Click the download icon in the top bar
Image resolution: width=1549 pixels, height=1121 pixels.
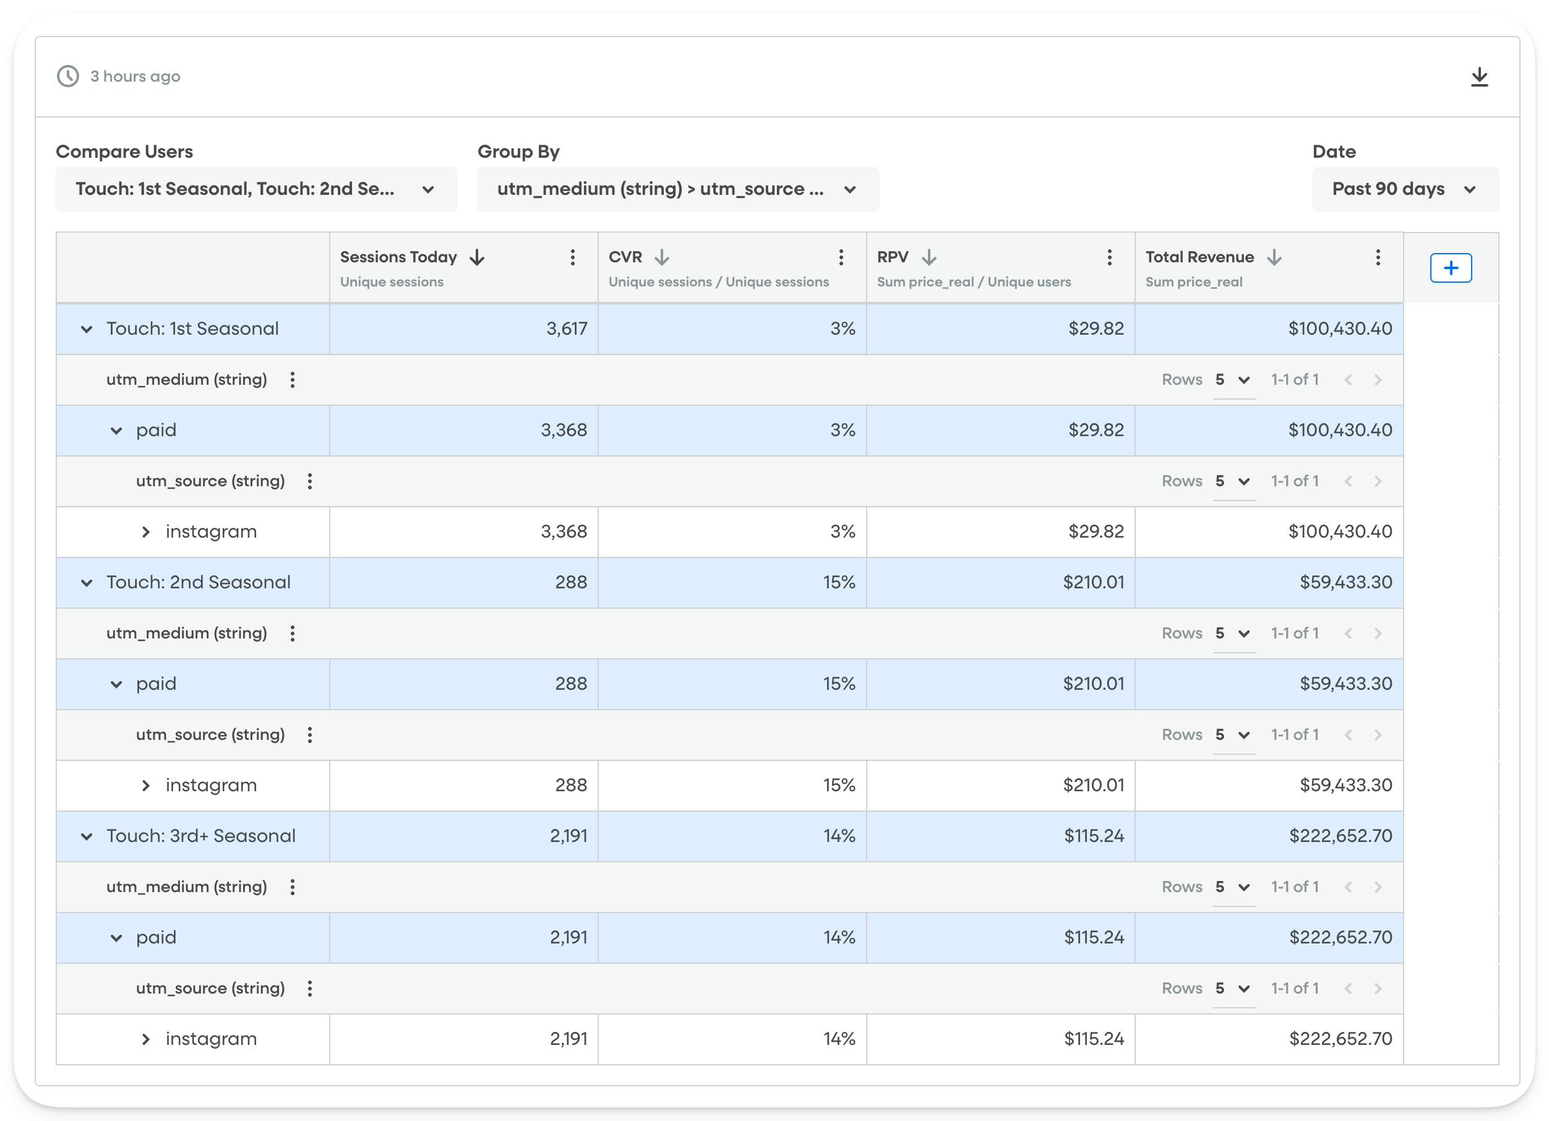(1478, 77)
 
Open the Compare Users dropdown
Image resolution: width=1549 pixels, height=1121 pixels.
(256, 189)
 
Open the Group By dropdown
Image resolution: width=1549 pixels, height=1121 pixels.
(677, 189)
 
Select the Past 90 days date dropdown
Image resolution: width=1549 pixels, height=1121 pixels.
(1405, 189)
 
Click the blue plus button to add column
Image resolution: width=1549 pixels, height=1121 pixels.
(1451, 268)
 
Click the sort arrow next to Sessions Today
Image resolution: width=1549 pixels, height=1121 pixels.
(478, 257)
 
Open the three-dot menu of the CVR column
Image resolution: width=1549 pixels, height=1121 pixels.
(841, 257)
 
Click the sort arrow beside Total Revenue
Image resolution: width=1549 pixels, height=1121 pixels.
(1274, 257)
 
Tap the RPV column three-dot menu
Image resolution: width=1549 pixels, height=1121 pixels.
(1109, 257)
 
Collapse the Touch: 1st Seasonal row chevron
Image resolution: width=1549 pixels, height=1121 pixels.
(87, 329)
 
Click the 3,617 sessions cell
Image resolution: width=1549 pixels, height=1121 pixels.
(566, 329)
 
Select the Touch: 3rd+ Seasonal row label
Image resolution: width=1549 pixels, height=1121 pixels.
(201, 835)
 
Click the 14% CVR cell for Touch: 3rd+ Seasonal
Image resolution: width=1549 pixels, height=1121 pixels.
(839, 835)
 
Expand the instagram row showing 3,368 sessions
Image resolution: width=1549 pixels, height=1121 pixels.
(145, 531)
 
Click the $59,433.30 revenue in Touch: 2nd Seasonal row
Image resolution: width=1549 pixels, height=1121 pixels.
(1345, 582)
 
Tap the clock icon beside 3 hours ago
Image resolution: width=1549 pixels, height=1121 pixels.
(67, 77)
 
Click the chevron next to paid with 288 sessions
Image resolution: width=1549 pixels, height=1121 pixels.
(116, 684)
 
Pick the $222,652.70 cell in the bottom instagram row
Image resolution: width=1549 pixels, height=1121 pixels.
(1340, 1038)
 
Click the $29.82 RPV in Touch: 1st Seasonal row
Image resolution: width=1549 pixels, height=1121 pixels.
(1096, 329)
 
